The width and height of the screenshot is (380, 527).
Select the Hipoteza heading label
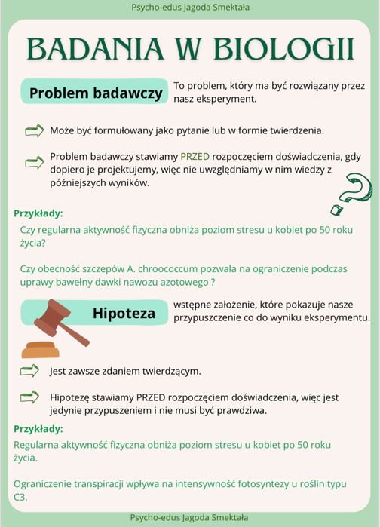point(124,313)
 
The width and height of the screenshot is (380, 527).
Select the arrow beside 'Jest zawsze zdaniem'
point(30,369)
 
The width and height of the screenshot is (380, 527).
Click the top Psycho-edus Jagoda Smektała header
point(189,8)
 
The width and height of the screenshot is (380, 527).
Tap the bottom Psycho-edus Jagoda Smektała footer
point(189,518)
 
